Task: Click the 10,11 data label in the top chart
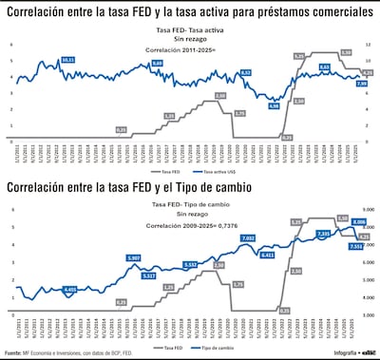(x=67, y=60)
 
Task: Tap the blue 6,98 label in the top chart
(x=274, y=106)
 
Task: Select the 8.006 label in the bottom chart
(x=358, y=221)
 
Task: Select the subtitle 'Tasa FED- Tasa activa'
(x=189, y=31)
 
